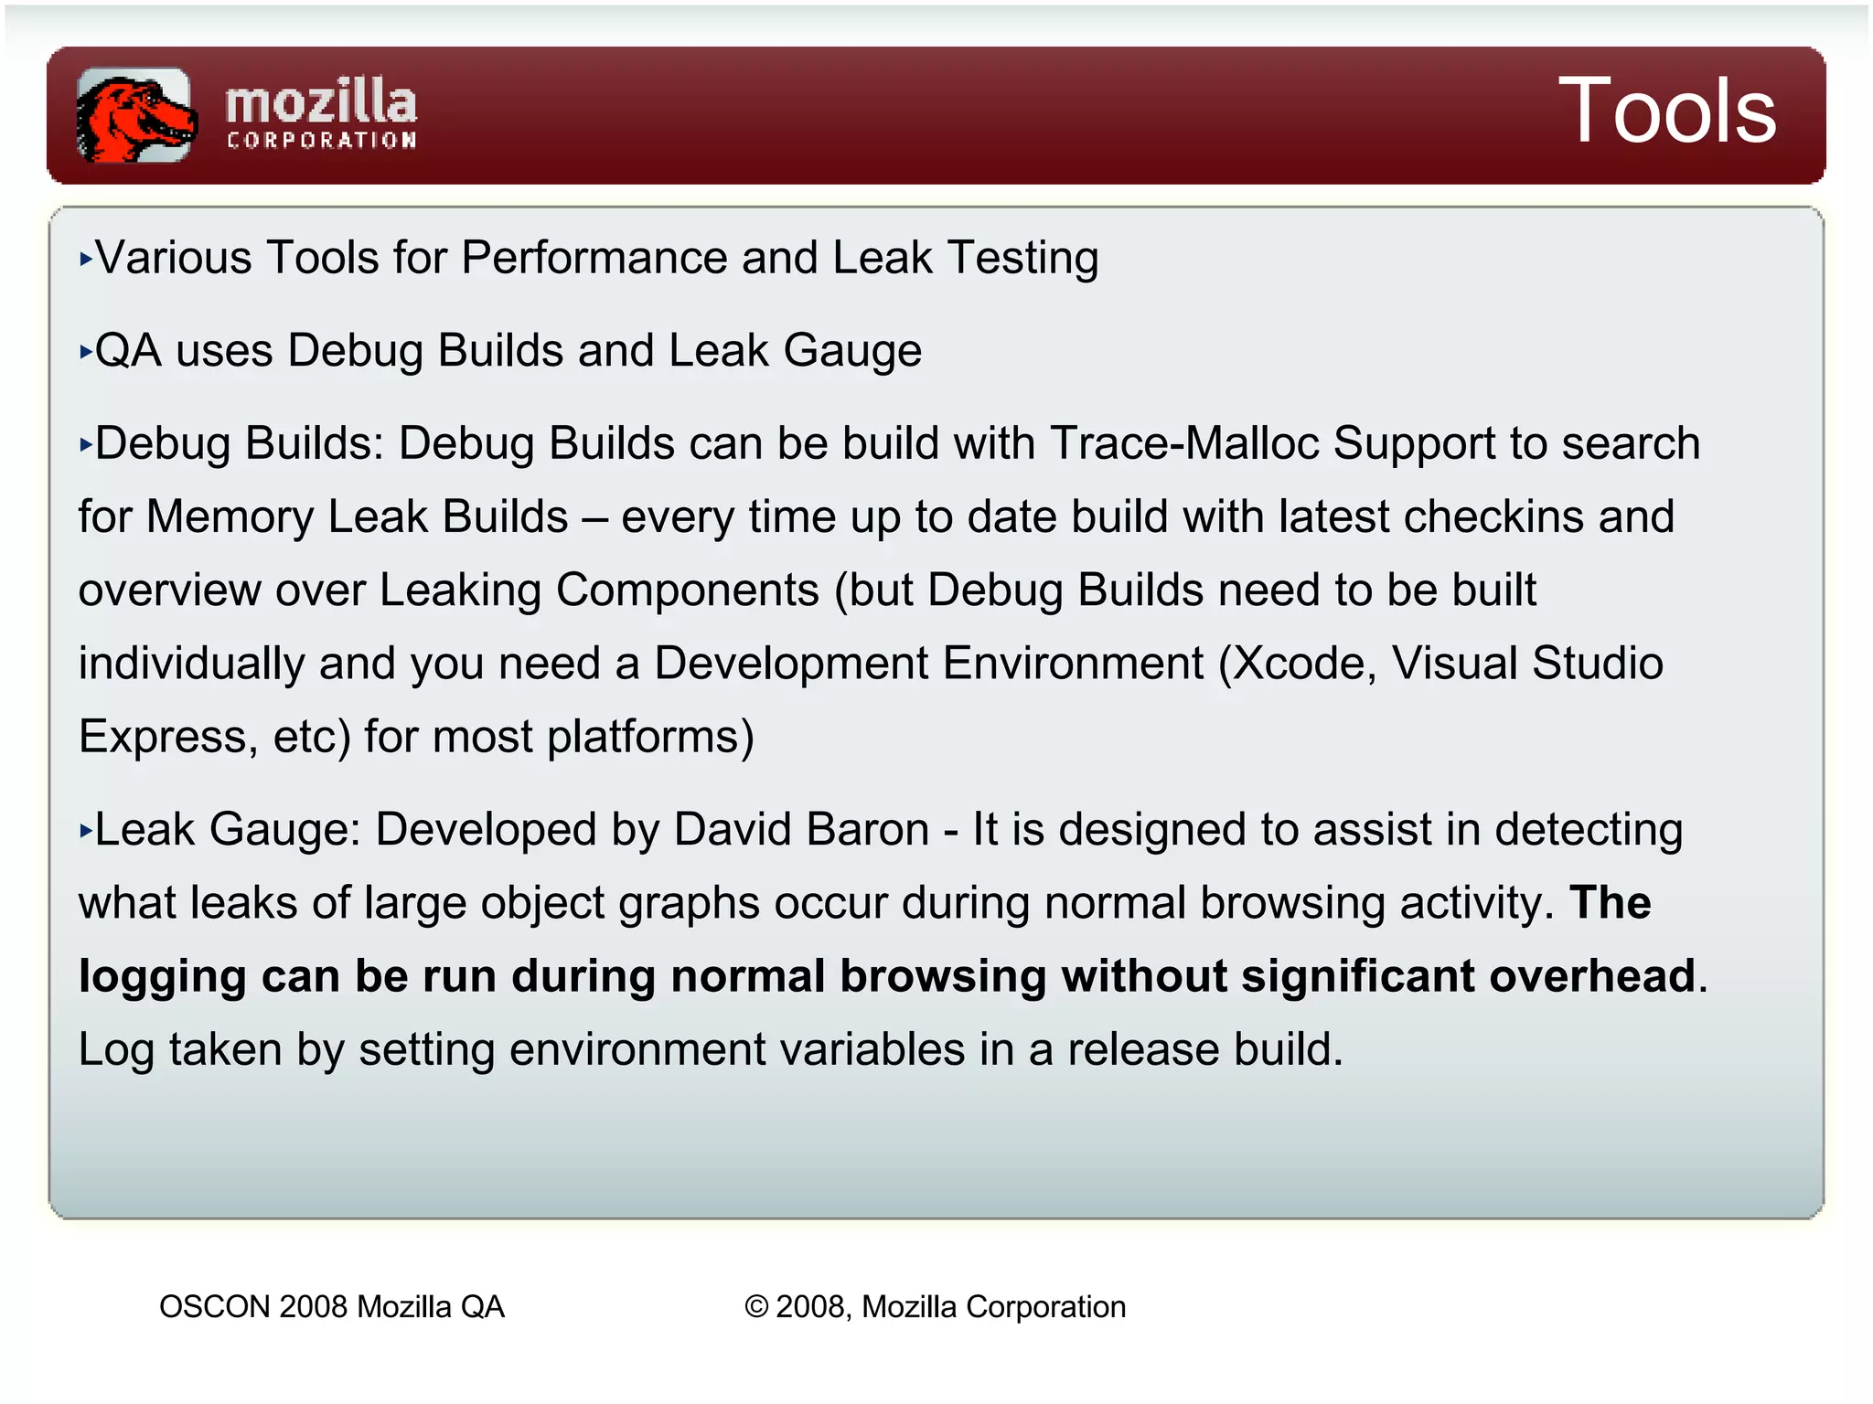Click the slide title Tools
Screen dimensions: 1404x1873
coord(1666,112)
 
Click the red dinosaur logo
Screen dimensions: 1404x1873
coord(135,115)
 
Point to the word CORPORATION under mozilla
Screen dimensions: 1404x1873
coord(321,141)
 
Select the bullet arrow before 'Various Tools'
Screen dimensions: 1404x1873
coord(86,260)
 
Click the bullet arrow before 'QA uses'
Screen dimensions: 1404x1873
coord(86,352)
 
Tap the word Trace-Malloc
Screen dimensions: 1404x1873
coord(1184,444)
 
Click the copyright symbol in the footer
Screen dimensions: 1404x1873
coord(756,1307)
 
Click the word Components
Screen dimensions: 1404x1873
coord(687,590)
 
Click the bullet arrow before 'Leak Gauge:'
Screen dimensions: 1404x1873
coord(86,831)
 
